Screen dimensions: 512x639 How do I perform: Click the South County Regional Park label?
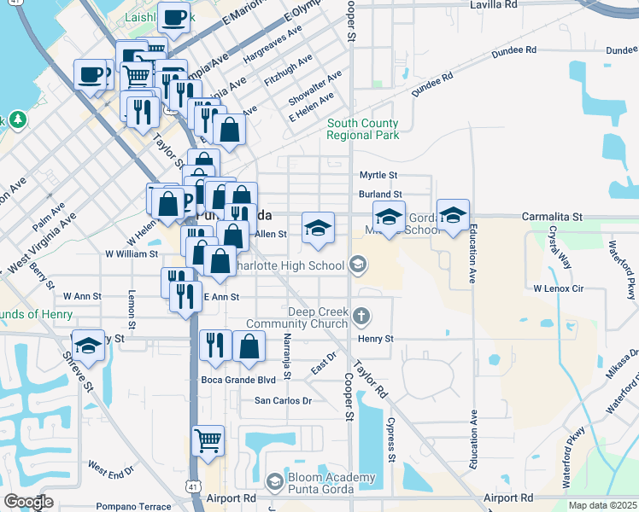tap(362, 130)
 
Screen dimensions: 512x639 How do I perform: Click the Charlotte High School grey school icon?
tap(358, 265)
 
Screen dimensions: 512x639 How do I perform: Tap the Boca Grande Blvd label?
tap(238, 380)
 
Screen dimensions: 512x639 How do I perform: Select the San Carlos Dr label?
tap(284, 400)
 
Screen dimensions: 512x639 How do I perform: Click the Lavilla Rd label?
tap(494, 5)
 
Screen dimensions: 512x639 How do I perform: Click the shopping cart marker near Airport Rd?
tap(208, 441)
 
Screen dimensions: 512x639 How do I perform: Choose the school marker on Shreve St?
tap(88, 345)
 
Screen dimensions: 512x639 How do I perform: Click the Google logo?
tap(27, 502)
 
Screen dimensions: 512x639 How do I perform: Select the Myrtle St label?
tap(378, 175)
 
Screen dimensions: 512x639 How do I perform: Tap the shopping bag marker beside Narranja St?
tap(249, 346)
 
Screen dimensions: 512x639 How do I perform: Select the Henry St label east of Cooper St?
tap(375, 339)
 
